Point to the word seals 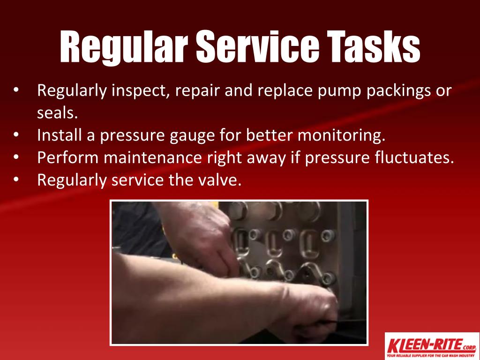coord(58,112)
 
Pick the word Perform coord(68,157)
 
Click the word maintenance coord(153,157)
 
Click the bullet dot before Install coord(16,135)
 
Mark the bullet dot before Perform coord(16,157)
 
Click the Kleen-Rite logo coord(431,346)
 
